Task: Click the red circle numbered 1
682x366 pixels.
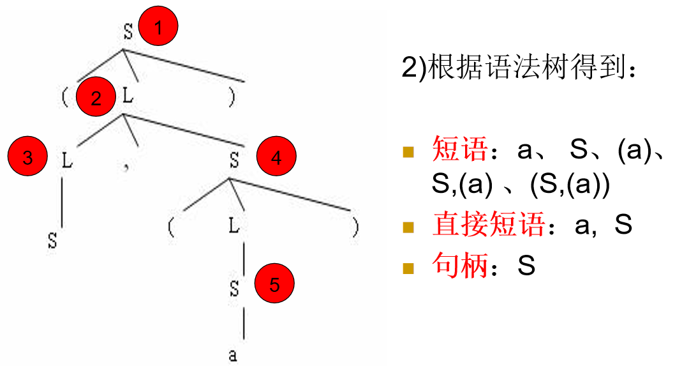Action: [158, 27]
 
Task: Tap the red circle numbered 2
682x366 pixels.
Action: [96, 98]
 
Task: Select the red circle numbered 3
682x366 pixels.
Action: [27, 158]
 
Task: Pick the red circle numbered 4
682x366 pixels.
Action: [276, 158]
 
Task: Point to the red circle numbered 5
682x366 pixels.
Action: [274, 284]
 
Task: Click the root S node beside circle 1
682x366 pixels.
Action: [128, 33]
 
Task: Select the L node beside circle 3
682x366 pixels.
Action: [67, 160]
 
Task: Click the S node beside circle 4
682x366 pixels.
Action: [235, 160]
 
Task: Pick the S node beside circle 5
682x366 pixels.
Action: [235, 288]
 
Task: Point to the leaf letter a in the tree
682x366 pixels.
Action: [233, 355]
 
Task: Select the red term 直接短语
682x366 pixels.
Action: [488, 225]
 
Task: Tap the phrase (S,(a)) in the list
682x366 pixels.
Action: [570, 186]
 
